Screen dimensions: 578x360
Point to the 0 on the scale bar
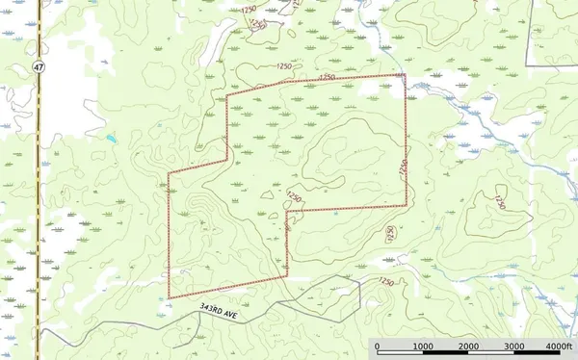tap(377, 347)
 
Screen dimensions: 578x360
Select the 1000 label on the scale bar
tap(421, 347)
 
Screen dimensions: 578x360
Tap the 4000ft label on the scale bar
tap(559, 347)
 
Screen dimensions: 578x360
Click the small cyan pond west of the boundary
tap(112, 139)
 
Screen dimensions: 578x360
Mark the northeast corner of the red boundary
tap(404, 74)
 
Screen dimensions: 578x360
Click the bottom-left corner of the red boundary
tap(169, 297)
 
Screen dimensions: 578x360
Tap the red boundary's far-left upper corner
tap(169, 173)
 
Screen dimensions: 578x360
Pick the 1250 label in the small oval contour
tap(390, 233)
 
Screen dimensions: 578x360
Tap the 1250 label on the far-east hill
tap(497, 202)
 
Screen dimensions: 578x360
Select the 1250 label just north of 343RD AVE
tap(385, 281)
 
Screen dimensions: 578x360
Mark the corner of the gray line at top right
tap(526, 64)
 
